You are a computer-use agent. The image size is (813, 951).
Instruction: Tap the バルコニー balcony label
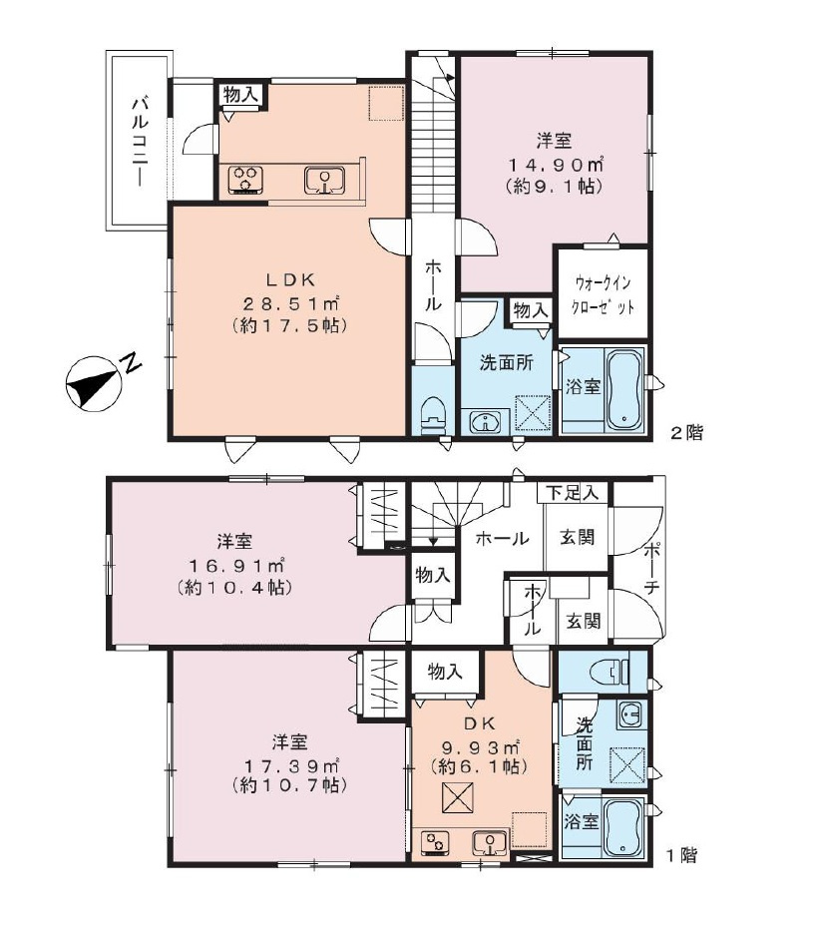pyautogui.click(x=140, y=142)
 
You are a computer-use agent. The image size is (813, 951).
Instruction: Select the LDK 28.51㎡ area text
pyautogui.click(x=289, y=302)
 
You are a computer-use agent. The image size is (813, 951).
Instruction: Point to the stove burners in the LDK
pyautogui.click(x=246, y=180)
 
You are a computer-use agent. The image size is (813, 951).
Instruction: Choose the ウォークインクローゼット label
pyautogui.click(x=604, y=294)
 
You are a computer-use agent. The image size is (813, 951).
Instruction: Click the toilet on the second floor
pyautogui.click(x=433, y=413)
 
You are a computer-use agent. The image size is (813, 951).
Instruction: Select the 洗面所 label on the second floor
pyautogui.click(x=506, y=362)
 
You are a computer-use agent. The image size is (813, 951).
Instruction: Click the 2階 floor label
pyautogui.click(x=686, y=433)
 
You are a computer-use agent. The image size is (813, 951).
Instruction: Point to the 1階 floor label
pyautogui.click(x=682, y=856)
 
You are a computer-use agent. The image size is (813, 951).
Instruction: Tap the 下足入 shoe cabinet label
pyautogui.click(x=572, y=493)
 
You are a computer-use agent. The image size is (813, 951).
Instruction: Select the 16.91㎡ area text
pyautogui.click(x=236, y=567)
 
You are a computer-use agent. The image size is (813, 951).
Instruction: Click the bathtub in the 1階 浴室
pyautogui.click(x=624, y=827)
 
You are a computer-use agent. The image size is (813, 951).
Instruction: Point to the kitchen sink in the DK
pyautogui.click(x=490, y=843)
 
